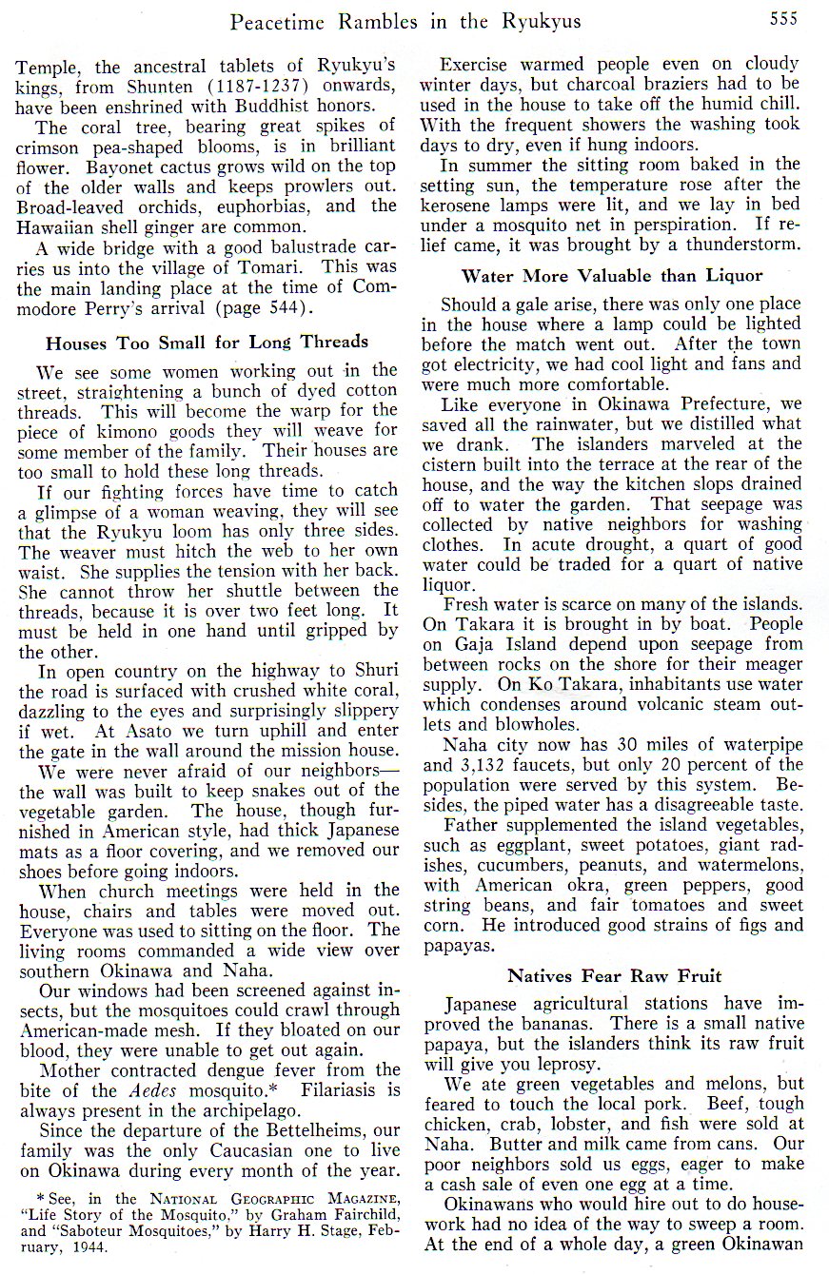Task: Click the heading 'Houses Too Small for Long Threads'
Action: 207,343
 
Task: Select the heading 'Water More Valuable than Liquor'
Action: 612,276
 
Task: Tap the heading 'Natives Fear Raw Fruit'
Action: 614,975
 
